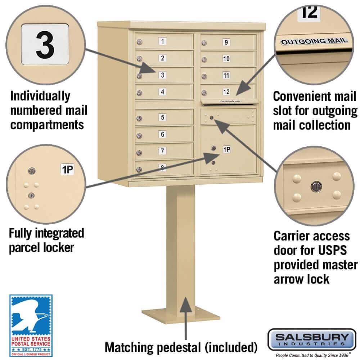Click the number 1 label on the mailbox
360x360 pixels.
[163, 41]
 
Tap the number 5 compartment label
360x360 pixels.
[163, 117]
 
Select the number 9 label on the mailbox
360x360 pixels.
[226, 42]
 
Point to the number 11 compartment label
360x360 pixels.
[226, 76]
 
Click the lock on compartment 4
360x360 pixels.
[139, 93]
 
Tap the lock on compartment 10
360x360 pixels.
[204, 60]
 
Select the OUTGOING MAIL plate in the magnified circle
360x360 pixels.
[314, 41]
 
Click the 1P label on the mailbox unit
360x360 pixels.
[226, 149]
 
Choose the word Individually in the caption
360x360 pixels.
[40, 96]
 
